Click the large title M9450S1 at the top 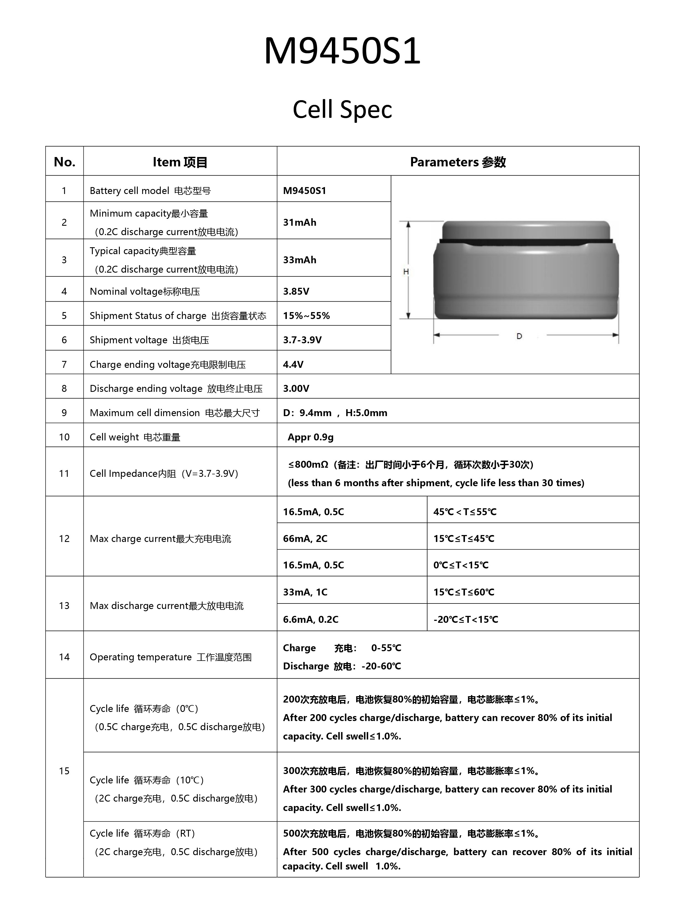pyautogui.click(x=342, y=51)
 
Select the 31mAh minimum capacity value pyautogui.click(x=300, y=222)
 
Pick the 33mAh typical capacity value pyautogui.click(x=300, y=260)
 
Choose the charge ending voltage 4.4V pyautogui.click(x=293, y=364)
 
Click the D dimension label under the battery pyautogui.click(x=519, y=336)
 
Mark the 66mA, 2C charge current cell pyautogui.click(x=305, y=538)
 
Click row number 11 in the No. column pyautogui.click(x=64, y=473)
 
